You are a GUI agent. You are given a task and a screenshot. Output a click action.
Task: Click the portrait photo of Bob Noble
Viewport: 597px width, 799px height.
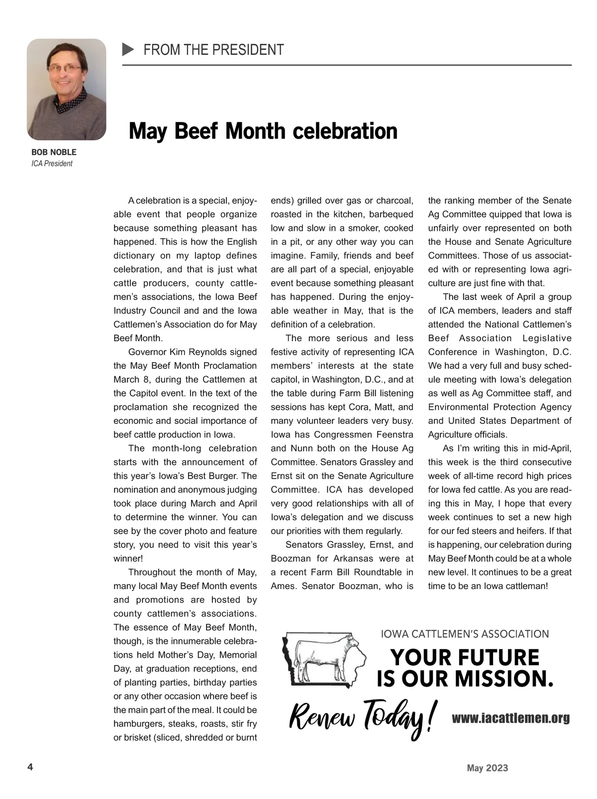point(66,90)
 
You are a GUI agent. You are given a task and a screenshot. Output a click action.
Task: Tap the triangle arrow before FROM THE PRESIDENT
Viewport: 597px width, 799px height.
point(128,50)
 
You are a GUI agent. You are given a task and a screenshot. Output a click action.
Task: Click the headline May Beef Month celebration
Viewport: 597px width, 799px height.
point(263,131)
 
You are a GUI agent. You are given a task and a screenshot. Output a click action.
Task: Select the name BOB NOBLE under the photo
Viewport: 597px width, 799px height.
point(54,152)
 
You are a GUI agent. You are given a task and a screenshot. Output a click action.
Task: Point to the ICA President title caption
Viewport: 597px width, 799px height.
point(52,164)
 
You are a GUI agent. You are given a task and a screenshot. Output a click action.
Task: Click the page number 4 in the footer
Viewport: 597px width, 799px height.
point(30,767)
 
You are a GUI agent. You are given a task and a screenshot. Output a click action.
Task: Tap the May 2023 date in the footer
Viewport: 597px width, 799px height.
point(487,768)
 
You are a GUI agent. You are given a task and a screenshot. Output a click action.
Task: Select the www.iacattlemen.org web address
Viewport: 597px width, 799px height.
point(510,718)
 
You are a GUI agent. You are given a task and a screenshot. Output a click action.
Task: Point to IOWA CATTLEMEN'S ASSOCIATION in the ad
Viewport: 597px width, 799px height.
point(465,634)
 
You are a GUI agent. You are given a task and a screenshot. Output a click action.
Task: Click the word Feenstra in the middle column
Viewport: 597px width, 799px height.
point(395,435)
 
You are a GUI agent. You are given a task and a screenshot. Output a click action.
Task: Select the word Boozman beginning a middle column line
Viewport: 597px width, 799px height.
point(290,559)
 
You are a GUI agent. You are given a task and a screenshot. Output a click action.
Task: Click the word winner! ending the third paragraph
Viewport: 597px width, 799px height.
point(128,559)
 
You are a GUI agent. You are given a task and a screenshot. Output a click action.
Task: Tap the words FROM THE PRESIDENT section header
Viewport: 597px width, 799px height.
point(213,50)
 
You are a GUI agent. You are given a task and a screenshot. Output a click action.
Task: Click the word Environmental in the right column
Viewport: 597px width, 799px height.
point(456,407)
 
